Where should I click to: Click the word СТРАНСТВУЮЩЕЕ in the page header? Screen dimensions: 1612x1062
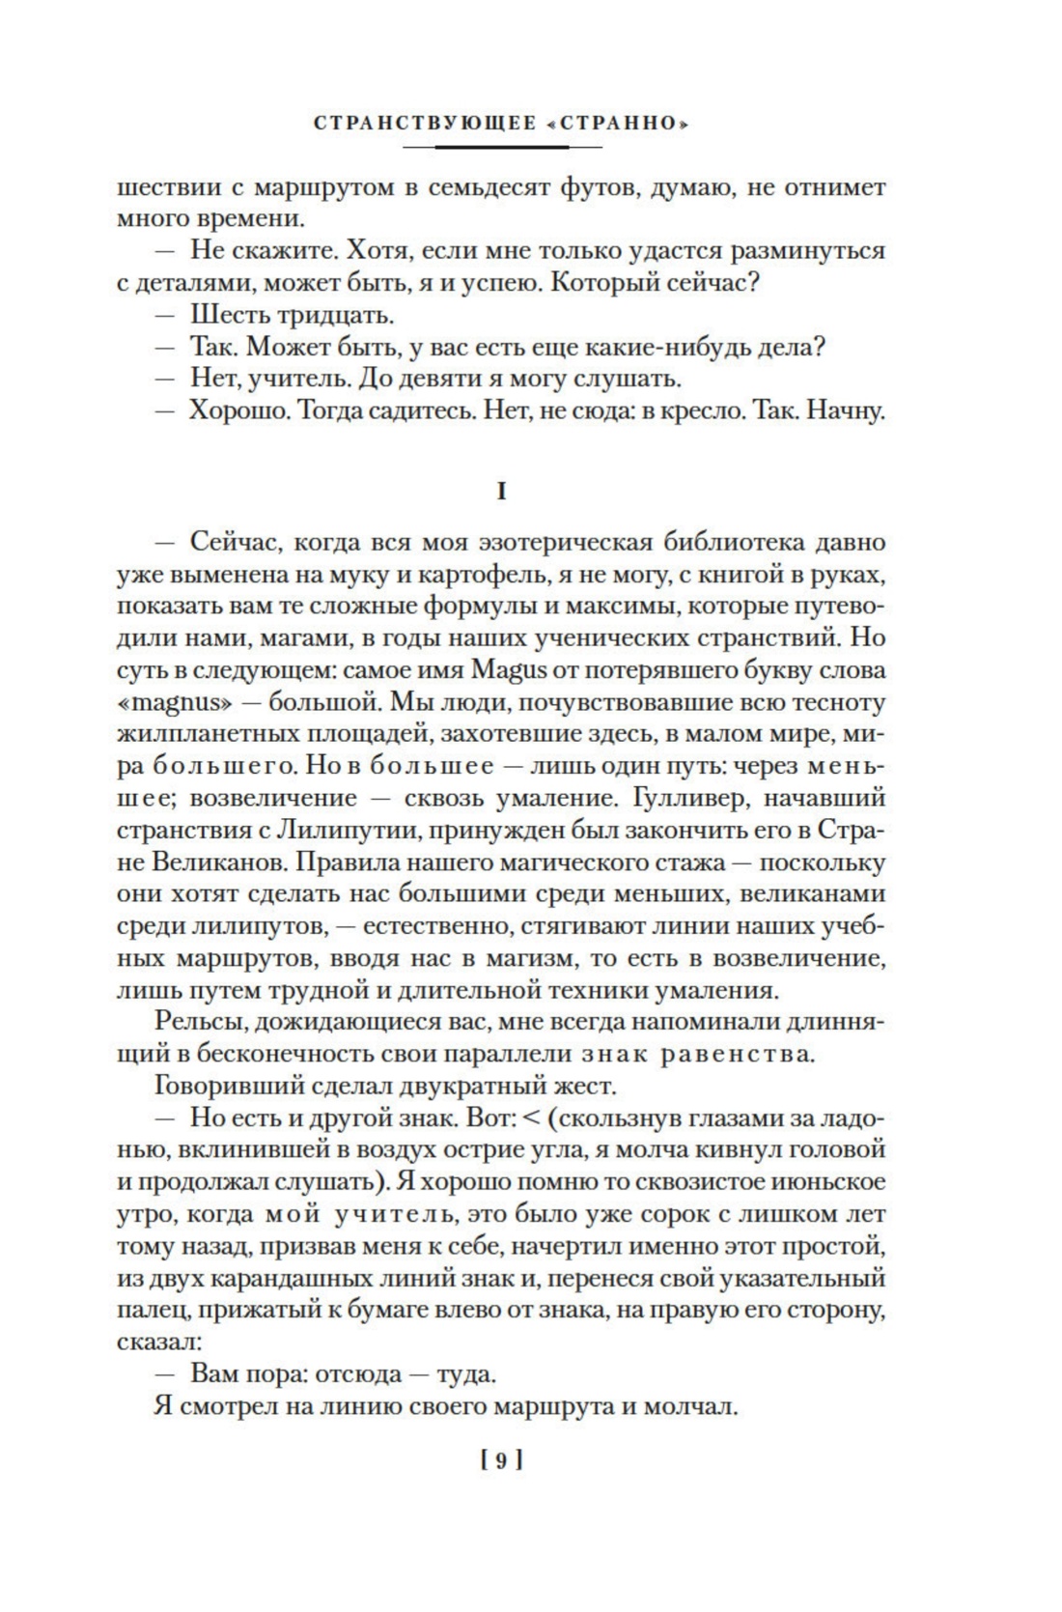pyautogui.click(x=425, y=125)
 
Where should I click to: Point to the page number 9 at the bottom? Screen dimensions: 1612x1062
pyautogui.click(x=501, y=1460)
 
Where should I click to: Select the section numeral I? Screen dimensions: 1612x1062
pyautogui.click(x=501, y=492)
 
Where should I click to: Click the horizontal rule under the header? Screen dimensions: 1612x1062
pyautogui.click(x=501, y=147)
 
